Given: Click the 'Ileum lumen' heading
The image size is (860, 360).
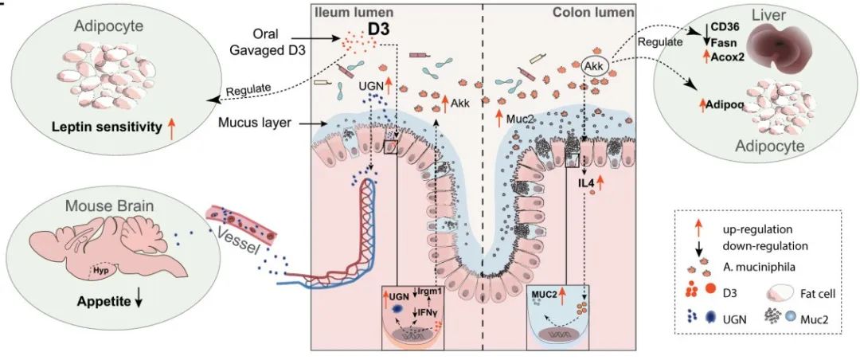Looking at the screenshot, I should point(349,13).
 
